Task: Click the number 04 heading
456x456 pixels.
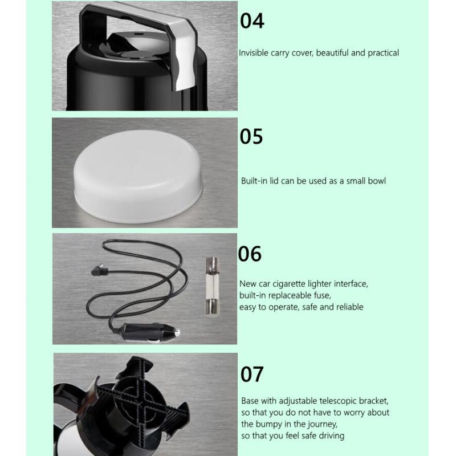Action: click(252, 21)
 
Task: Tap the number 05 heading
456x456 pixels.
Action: click(251, 136)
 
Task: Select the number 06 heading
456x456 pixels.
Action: click(250, 254)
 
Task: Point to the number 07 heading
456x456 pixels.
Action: click(252, 374)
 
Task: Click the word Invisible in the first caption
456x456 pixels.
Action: click(253, 52)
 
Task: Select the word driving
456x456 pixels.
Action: click(332, 436)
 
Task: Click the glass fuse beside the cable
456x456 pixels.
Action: click(212, 286)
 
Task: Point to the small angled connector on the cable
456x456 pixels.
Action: click(99, 270)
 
